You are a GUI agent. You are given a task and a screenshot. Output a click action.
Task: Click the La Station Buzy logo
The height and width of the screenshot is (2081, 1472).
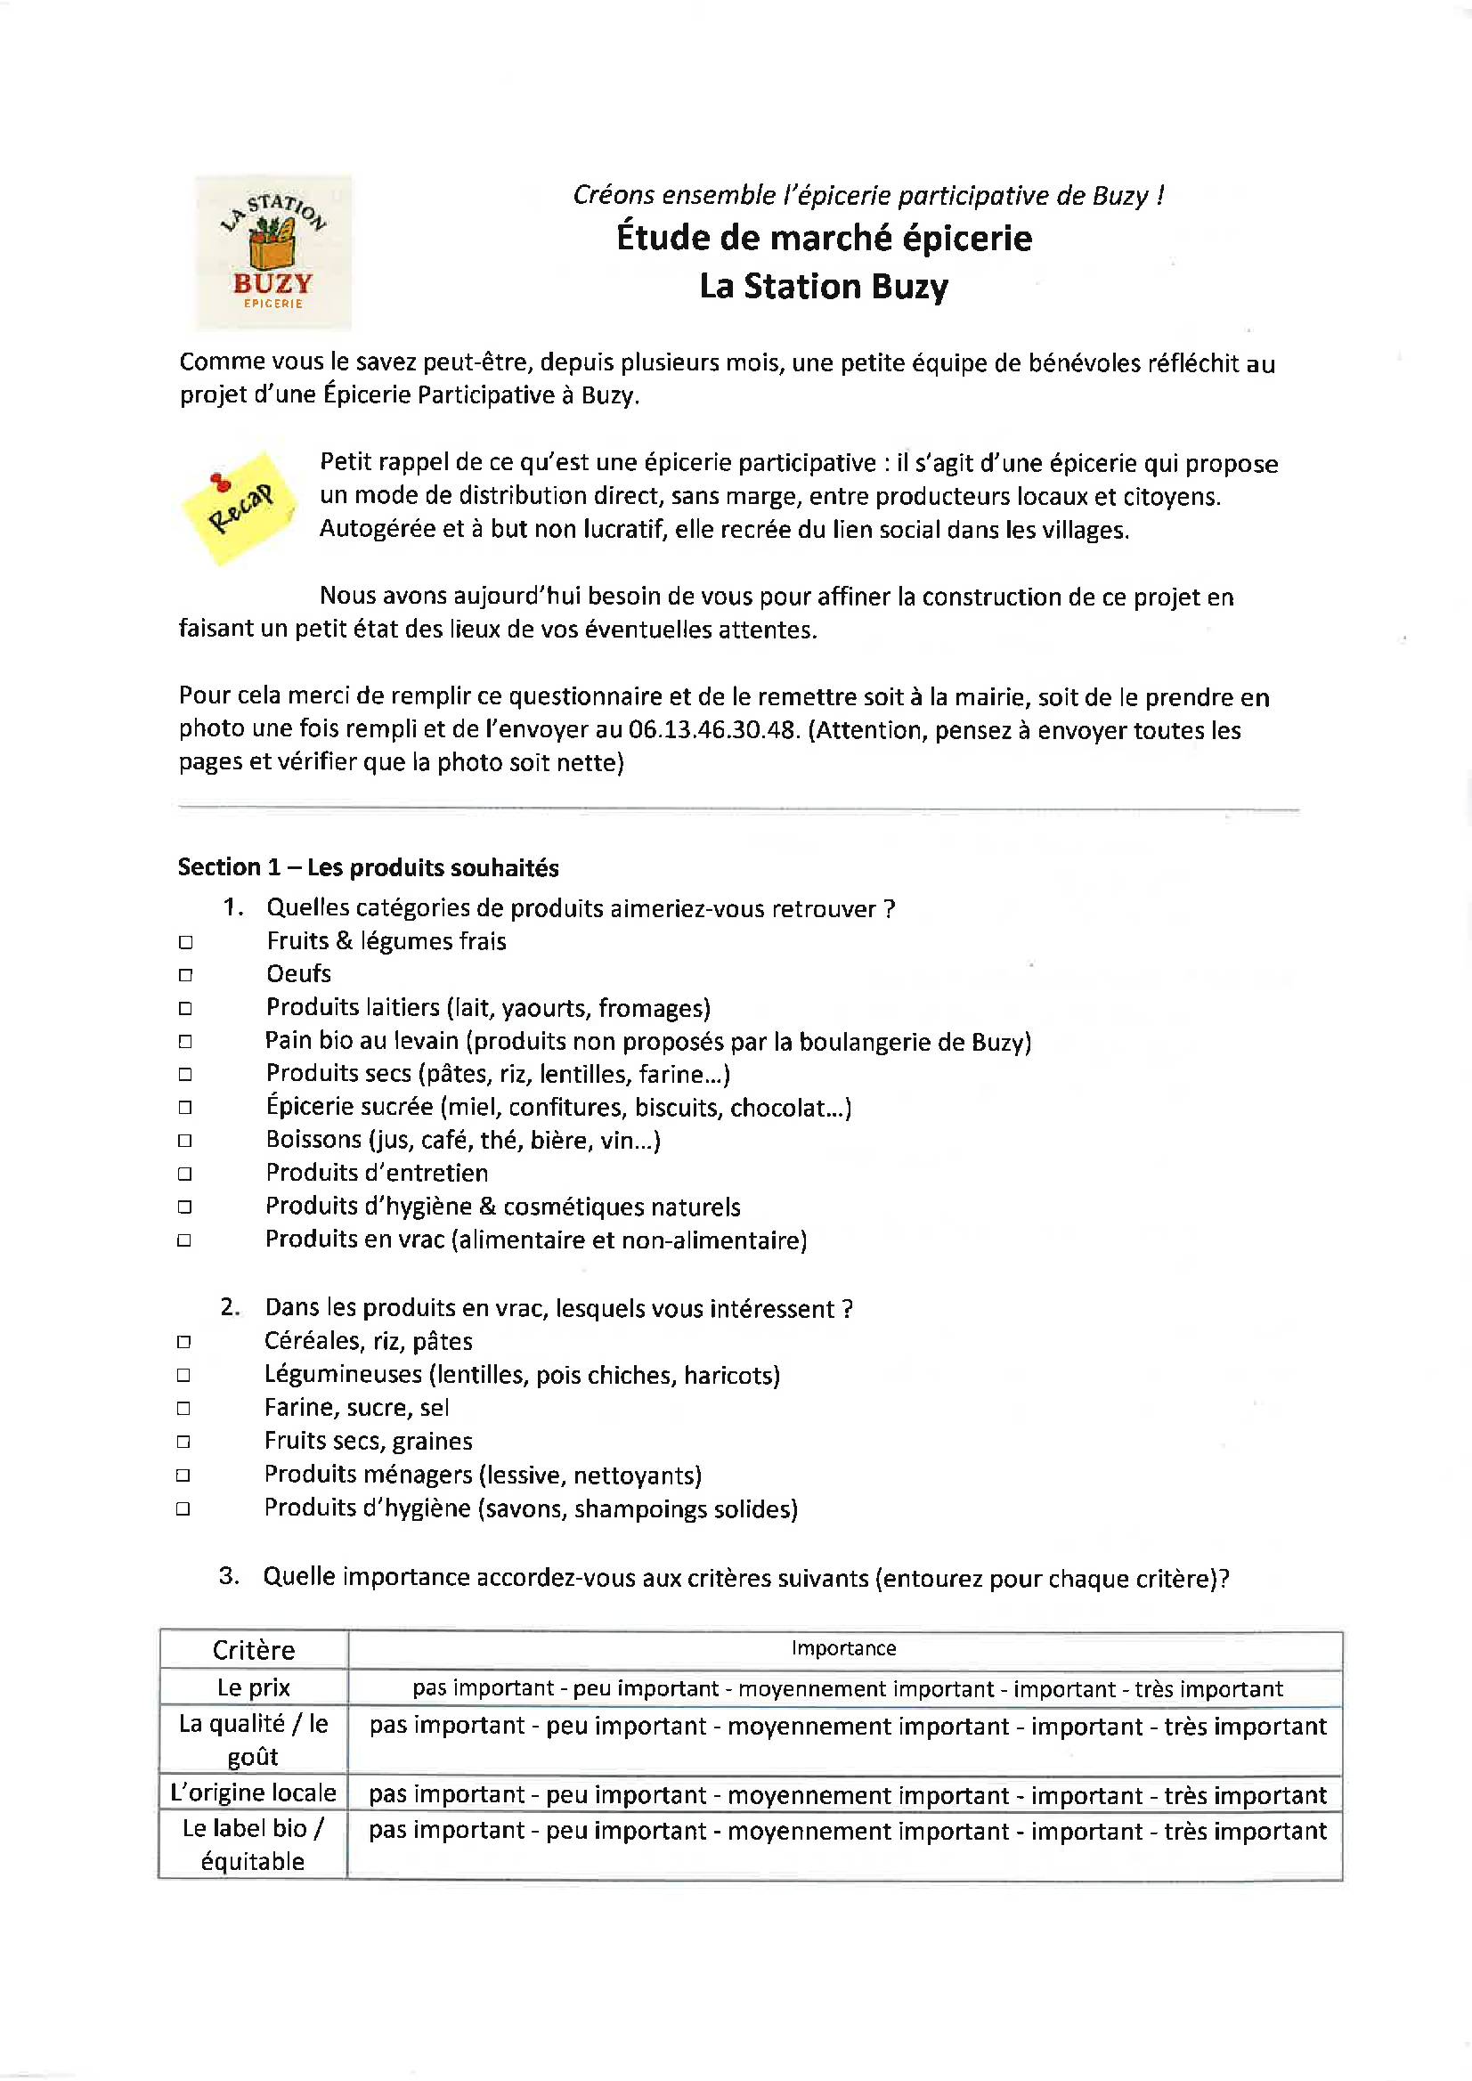coord(272,252)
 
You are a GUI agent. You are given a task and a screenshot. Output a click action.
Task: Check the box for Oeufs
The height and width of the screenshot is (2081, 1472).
coord(185,975)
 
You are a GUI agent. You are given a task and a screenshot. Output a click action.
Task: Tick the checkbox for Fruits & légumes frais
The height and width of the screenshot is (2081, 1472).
coord(185,943)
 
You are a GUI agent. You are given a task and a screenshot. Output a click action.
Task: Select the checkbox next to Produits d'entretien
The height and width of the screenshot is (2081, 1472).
coord(185,1174)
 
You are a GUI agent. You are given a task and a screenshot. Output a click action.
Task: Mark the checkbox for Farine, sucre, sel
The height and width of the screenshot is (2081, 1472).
coord(183,1409)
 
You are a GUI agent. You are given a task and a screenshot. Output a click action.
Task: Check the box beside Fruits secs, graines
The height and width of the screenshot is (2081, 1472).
coord(183,1442)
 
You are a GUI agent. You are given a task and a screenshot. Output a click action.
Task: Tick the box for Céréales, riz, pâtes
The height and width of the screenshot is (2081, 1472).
coord(183,1342)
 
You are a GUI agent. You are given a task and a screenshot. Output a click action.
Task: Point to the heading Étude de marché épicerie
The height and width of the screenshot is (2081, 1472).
coord(824,239)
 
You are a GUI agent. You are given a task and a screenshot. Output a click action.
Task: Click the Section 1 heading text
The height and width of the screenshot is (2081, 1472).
coord(368,867)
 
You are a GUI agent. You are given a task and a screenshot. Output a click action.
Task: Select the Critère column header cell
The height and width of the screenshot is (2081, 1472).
coord(254,1649)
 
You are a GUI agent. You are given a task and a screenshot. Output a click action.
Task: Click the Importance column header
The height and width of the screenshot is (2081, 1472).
coord(844,1648)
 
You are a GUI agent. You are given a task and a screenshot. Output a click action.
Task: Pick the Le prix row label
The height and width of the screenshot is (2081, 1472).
coord(254,1687)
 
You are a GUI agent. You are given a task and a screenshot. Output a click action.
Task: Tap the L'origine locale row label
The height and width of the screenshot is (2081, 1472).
coord(254,1792)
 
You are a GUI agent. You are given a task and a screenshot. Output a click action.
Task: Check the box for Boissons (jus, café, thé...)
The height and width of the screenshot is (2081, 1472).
coord(185,1140)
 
